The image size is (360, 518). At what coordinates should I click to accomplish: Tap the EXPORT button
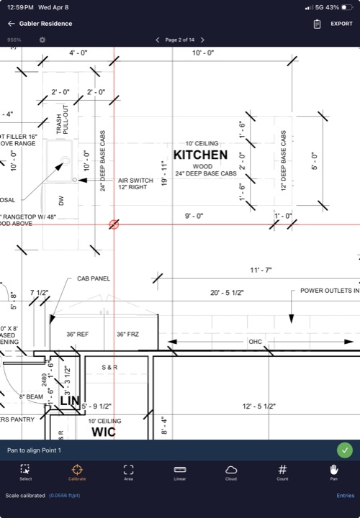coord(341,24)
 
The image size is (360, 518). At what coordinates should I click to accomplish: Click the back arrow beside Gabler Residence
coord(12,24)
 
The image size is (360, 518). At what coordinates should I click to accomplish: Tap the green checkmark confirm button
coord(345,450)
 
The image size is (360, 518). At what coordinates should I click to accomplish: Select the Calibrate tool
coord(77,473)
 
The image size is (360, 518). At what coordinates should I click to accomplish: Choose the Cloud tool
coord(231,473)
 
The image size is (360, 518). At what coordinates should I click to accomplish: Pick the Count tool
coord(282,473)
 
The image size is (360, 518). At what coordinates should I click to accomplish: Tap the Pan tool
coord(333,473)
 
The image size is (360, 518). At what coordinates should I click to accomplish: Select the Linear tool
coord(180,473)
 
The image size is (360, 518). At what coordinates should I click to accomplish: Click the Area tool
coord(128,473)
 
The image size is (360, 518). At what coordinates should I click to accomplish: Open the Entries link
coord(345,496)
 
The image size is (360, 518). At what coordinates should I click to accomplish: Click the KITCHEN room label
coord(200,155)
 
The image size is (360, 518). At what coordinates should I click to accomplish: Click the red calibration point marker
coord(114,224)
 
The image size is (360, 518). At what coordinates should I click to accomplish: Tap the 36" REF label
coord(77,334)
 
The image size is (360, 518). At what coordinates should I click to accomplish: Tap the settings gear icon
coord(42,40)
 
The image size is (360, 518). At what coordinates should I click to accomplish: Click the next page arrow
coord(202,40)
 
